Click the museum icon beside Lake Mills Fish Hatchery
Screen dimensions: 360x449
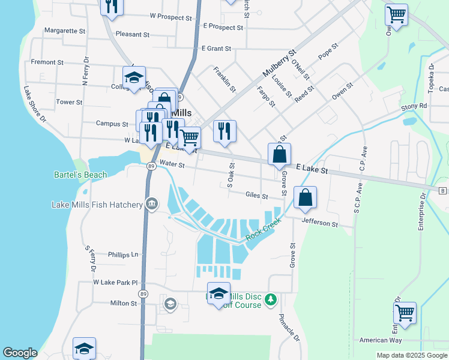click(x=151, y=205)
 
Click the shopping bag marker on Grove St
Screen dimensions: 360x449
click(x=280, y=154)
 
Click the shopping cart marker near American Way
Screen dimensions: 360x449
click(x=405, y=313)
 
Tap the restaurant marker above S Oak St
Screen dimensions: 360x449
click(x=224, y=131)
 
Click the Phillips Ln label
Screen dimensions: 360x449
click(x=123, y=254)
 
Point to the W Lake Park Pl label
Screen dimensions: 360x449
click(x=115, y=282)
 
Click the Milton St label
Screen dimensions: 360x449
click(x=124, y=304)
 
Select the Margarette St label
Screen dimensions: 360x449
click(x=65, y=31)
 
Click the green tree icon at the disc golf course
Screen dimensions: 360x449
click(x=271, y=299)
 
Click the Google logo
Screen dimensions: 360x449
click(x=20, y=353)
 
